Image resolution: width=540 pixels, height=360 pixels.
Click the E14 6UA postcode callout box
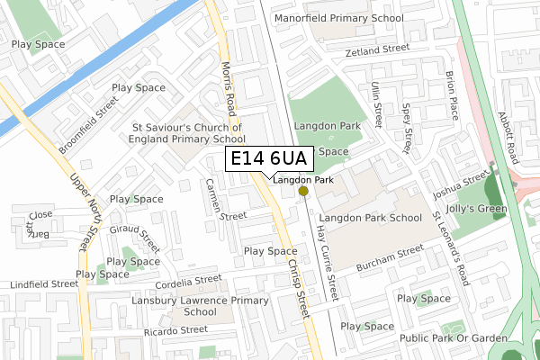(x=268, y=158)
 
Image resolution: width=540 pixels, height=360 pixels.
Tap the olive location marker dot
(x=303, y=191)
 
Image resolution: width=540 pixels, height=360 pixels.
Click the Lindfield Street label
(x=44, y=284)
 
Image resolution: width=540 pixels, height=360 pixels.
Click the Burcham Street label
(x=389, y=256)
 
